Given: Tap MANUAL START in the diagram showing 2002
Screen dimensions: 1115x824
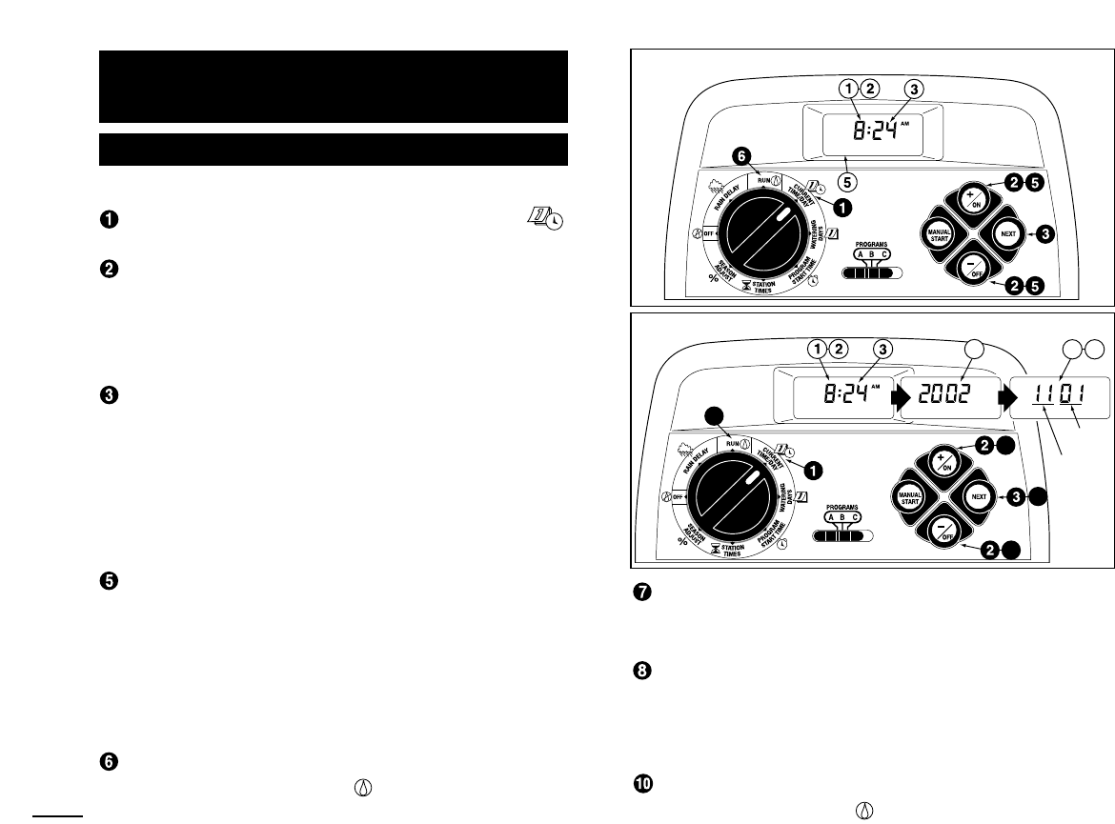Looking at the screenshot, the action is coord(909,498).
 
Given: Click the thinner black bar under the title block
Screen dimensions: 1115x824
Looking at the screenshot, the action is coord(334,149).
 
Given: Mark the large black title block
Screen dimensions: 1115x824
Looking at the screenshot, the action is coord(334,87).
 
